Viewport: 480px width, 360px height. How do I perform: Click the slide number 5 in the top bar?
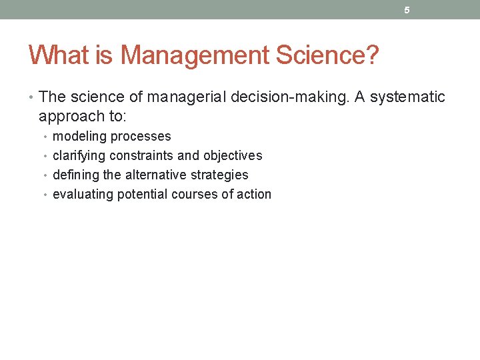407,10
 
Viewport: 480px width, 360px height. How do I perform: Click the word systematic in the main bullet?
407,97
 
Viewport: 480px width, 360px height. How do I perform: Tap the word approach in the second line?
70,117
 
